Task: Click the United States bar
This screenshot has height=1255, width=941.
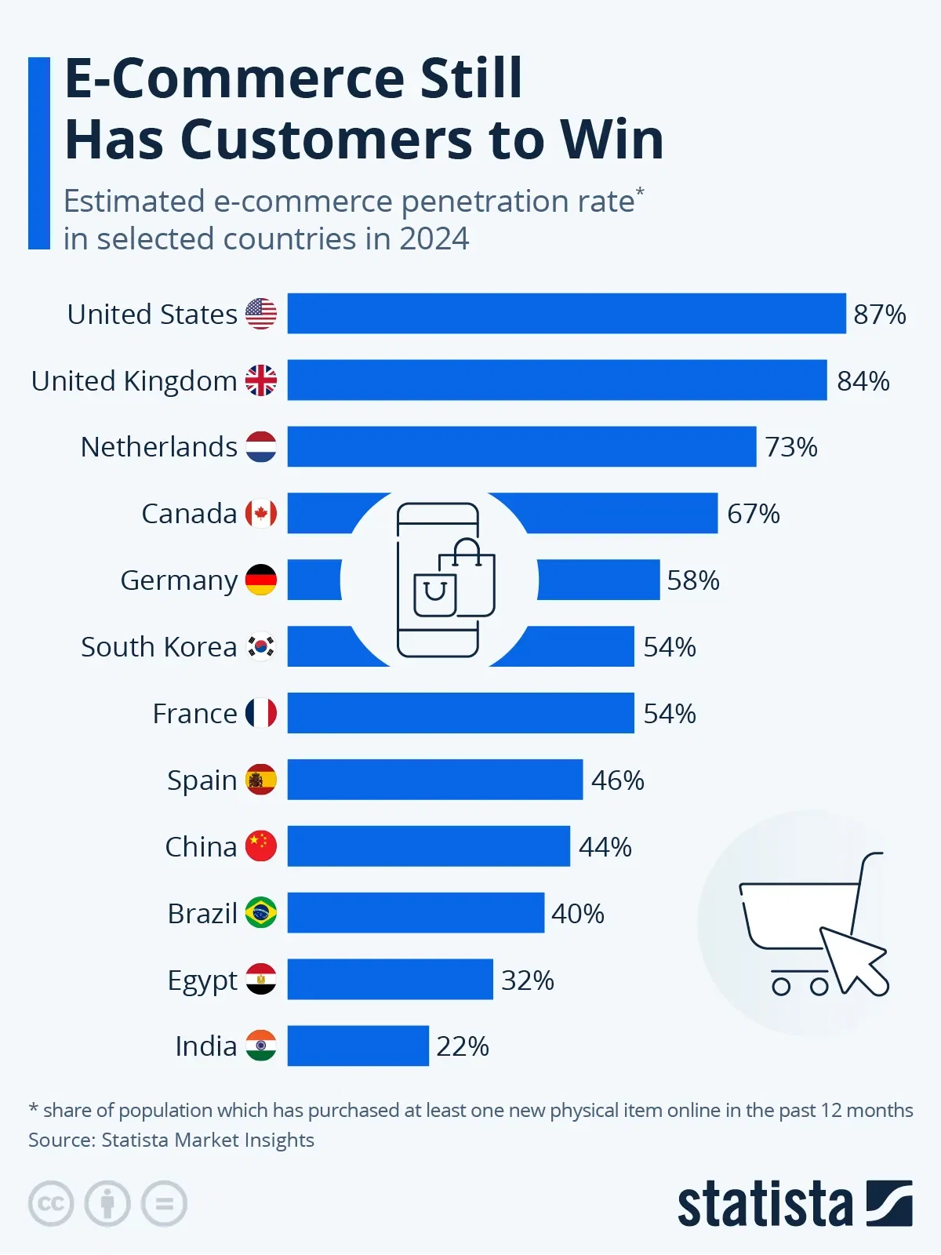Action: click(x=566, y=314)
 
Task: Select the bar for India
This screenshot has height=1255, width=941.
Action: click(x=358, y=1046)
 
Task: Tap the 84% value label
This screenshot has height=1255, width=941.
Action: click(x=863, y=381)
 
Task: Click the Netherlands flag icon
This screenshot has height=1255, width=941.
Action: click(x=261, y=447)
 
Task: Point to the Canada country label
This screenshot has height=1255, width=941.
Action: click(x=189, y=514)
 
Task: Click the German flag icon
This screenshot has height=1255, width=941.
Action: click(x=261, y=580)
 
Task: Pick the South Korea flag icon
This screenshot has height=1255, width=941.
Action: click(x=261, y=647)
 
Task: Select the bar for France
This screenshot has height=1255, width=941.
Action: click(x=460, y=713)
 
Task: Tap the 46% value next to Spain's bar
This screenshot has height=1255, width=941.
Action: click(x=617, y=780)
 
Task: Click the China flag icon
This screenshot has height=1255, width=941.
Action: click(x=261, y=846)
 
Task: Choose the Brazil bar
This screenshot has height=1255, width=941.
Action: click(x=416, y=913)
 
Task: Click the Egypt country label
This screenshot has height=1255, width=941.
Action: click(x=202, y=980)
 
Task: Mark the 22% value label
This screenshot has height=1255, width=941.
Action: click(x=463, y=1046)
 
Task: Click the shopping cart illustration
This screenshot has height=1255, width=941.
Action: click(x=812, y=926)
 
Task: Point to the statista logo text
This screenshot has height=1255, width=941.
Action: click(x=765, y=1204)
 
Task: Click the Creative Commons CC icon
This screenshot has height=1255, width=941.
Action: click(x=51, y=1203)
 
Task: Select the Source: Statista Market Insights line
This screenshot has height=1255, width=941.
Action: click(x=171, y=1140)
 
